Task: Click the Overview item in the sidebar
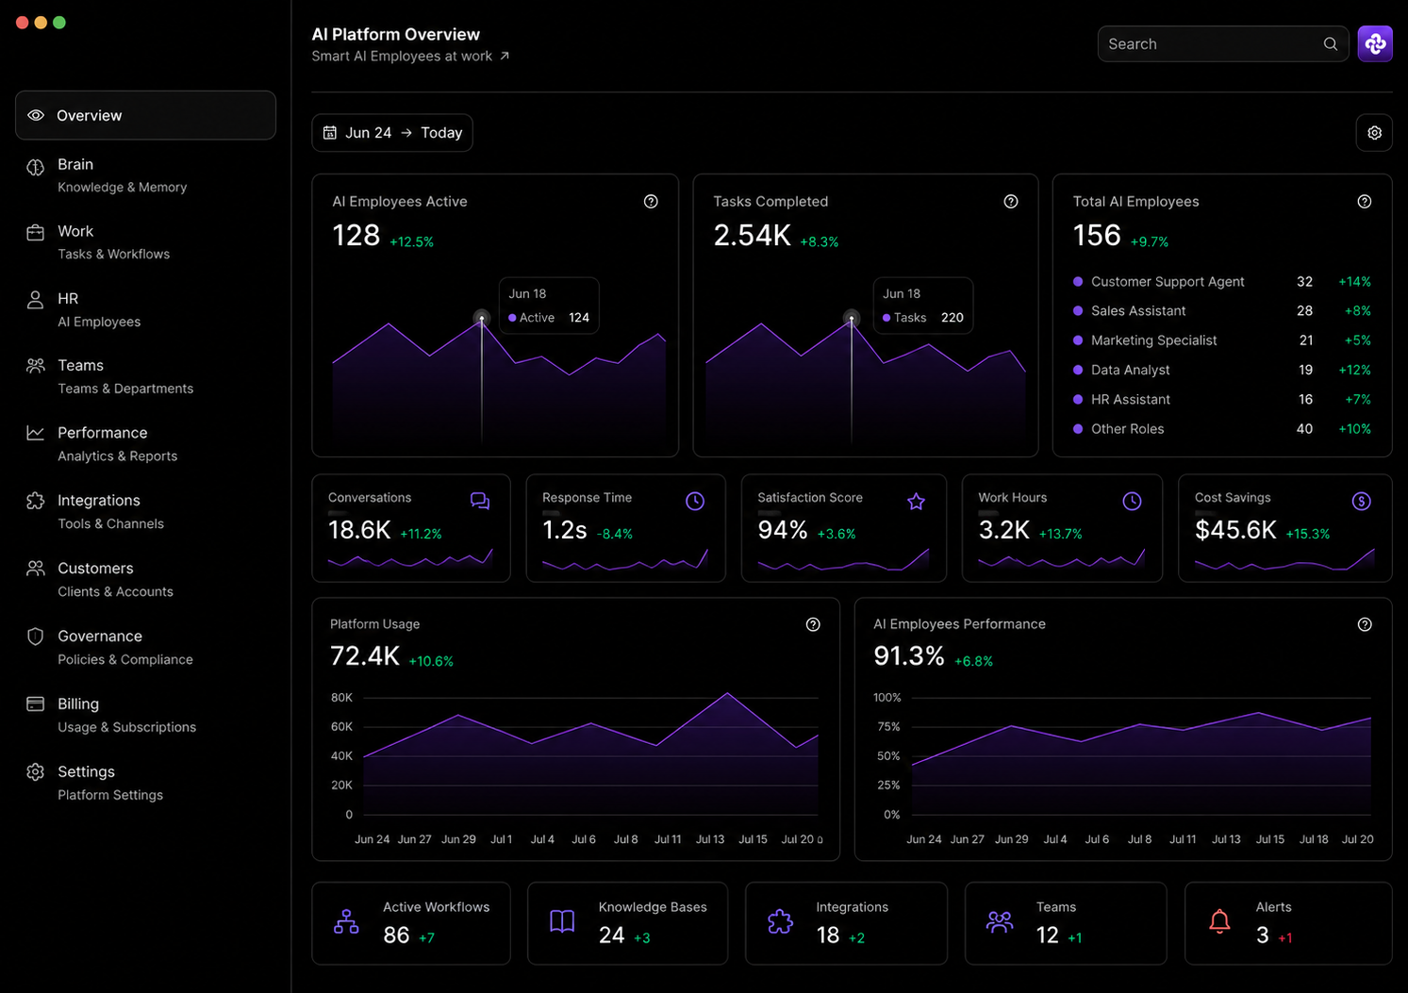point(145,115)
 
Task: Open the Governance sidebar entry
point(110,647)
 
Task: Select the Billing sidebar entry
point(111,715)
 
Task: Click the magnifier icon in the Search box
point(1330,44)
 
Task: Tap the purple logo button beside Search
point(1375,44)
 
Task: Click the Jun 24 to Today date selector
point(392,133)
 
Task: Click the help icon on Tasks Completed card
point(1011,201)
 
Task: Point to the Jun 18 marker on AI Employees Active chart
point(482,319)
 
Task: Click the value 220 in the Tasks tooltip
point(952,318)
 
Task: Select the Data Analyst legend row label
point(1130,370)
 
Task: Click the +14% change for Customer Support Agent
point(1354,282)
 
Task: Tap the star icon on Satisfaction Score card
point(916,501)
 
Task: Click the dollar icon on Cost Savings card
point(1362,501)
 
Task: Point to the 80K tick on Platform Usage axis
point(341,698)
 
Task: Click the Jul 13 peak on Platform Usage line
point(727,692)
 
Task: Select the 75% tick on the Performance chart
point(888,726)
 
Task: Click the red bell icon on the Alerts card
point(1219,921)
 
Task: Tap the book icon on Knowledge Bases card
point(562,921)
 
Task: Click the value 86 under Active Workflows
point(396,935)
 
